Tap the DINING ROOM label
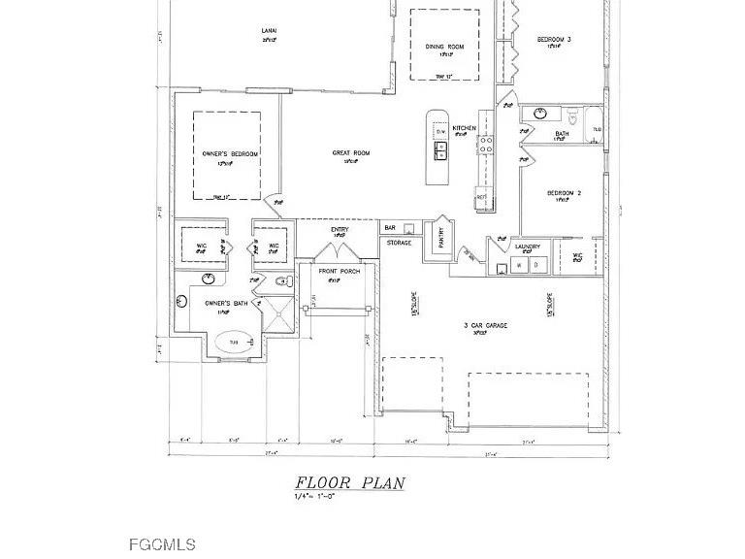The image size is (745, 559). click(445, 47)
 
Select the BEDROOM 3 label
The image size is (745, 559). click(554, 39)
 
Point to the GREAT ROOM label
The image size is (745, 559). click(351, 152)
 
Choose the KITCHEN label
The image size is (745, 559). click(464, 128)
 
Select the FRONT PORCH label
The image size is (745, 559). click(334, 271)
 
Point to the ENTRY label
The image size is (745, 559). click(340, 229)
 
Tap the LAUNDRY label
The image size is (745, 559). click(528, 247)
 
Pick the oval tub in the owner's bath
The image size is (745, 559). click(232, 342)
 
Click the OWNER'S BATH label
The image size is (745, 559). click(223, 304)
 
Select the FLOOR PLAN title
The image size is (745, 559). click(350, 482)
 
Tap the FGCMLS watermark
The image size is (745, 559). click(162, 544)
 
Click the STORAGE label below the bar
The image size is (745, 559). click(399, 243)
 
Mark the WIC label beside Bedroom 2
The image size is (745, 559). click(577, 257)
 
